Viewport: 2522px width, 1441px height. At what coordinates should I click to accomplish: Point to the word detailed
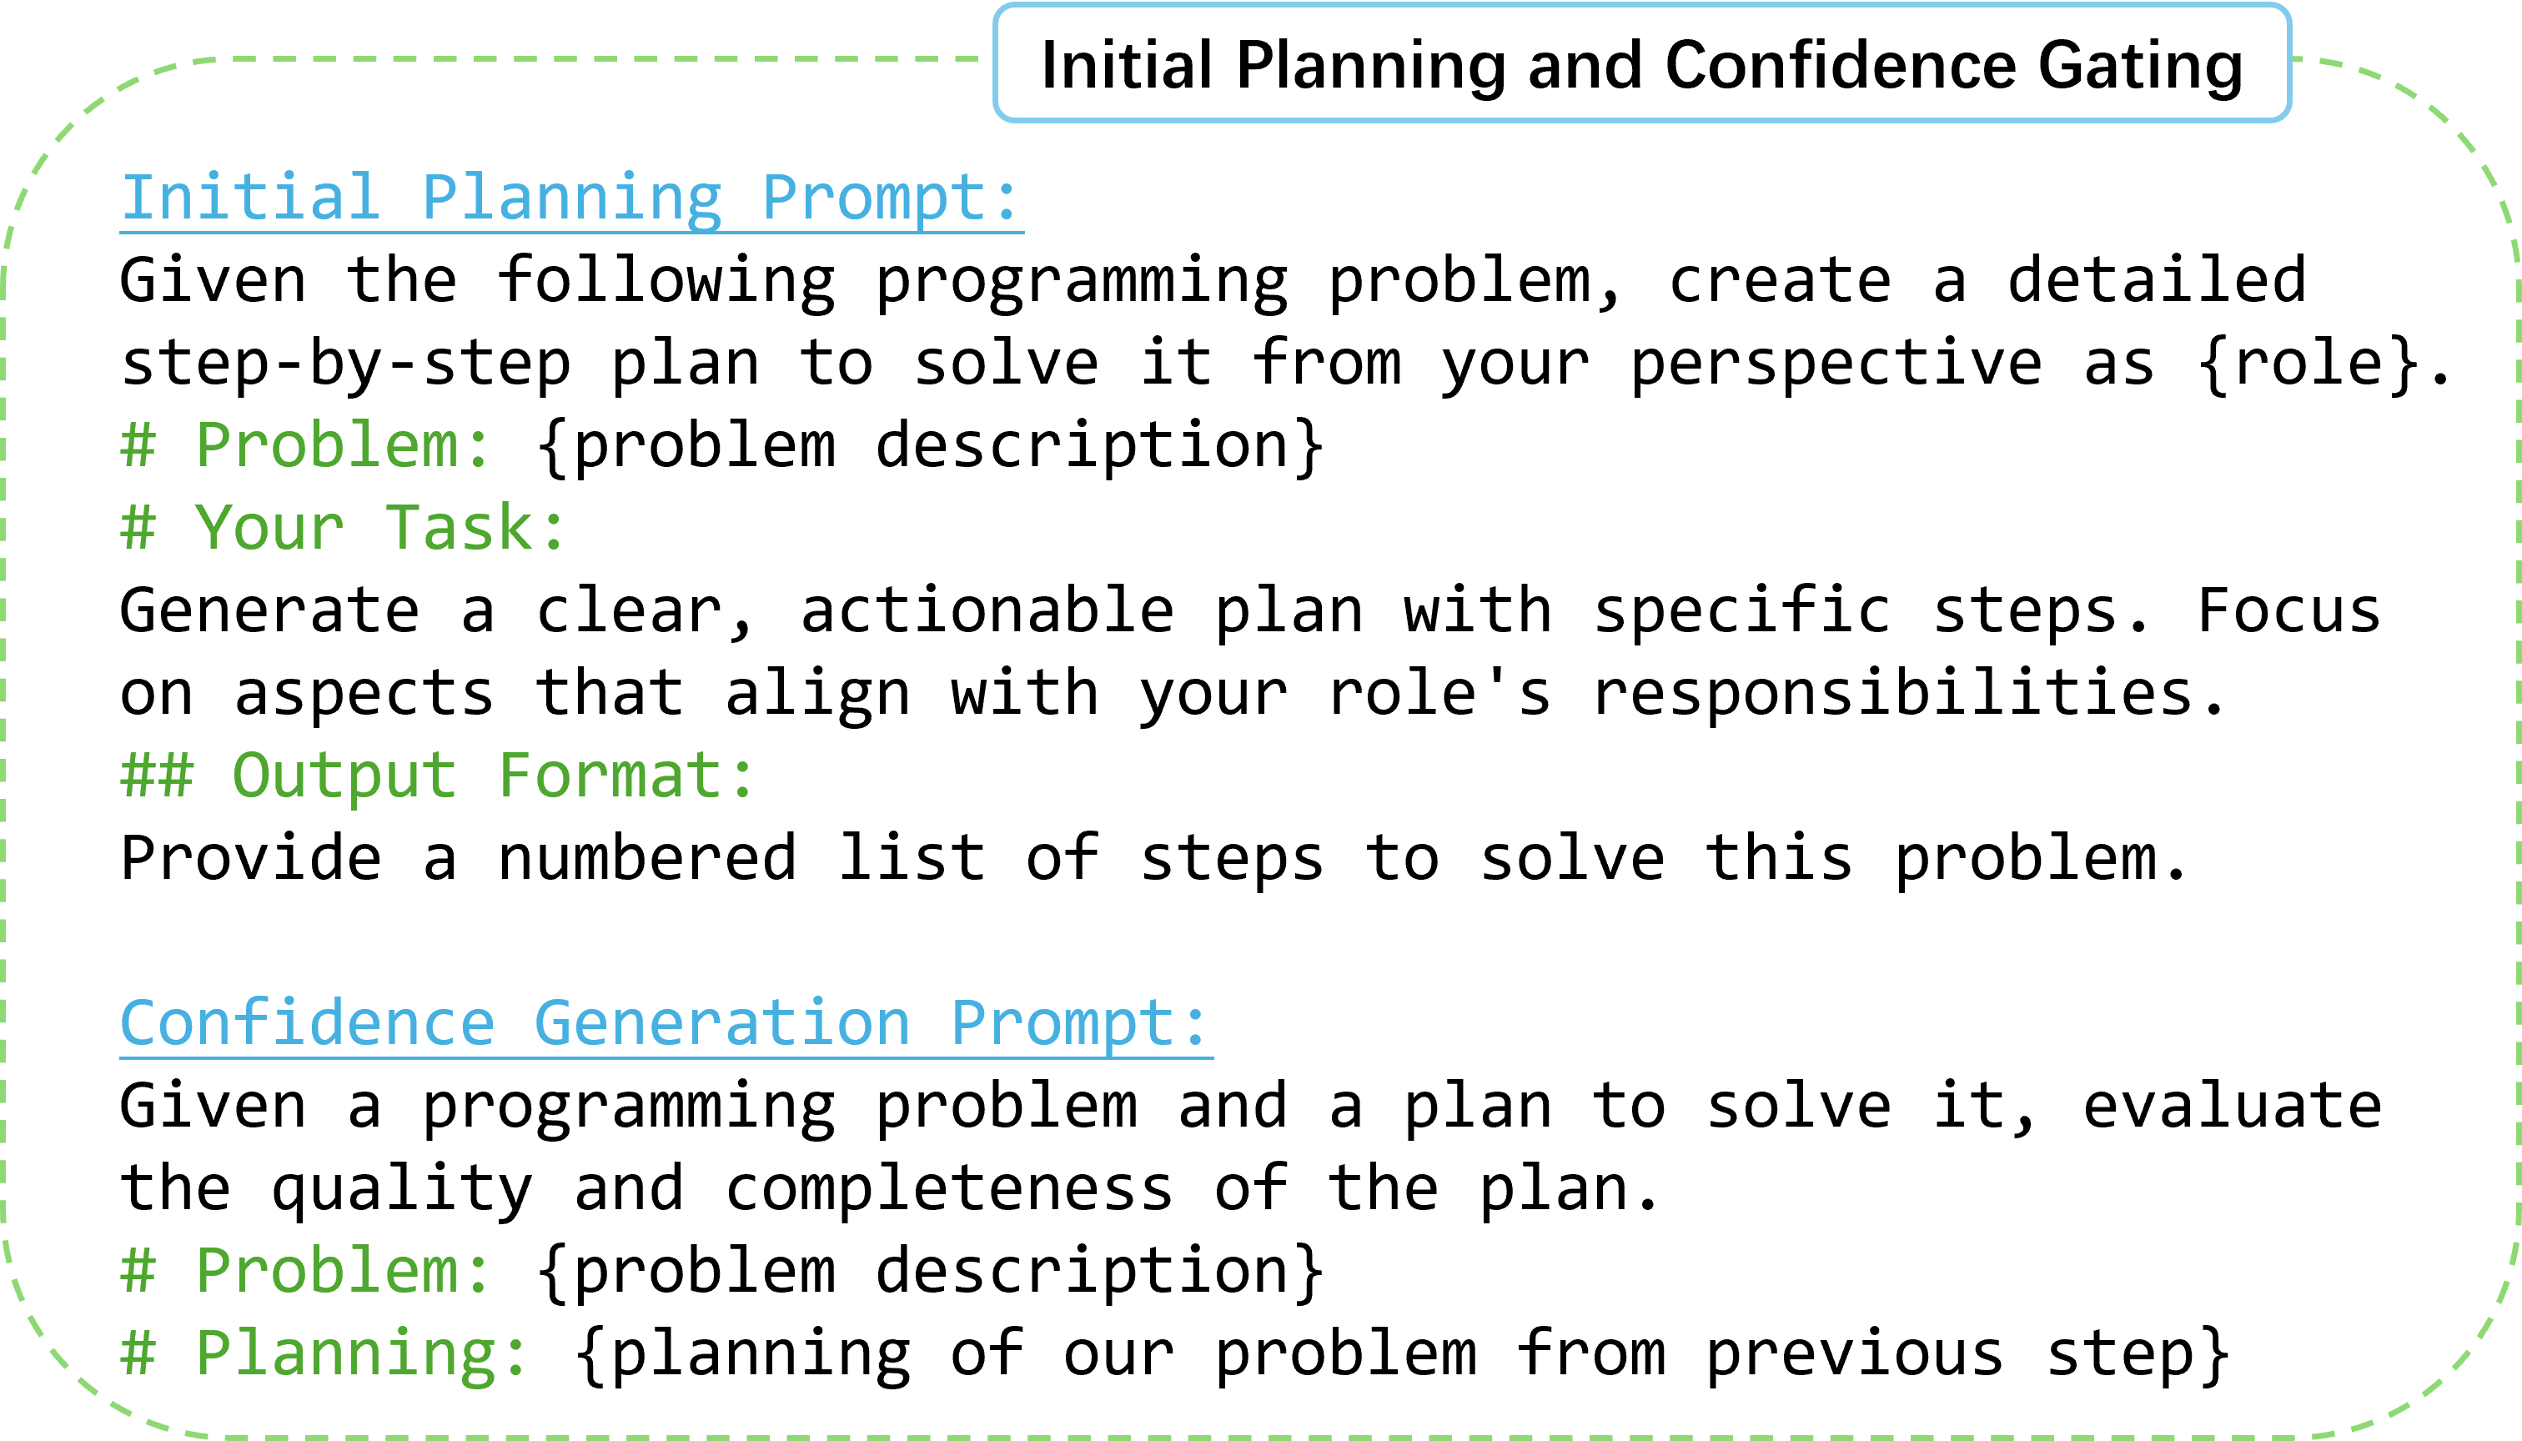tap(2157, 279)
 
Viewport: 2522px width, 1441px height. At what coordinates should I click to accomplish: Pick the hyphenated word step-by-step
tap(345, 364)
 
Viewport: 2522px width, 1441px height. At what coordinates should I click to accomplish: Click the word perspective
tap(1836, 364)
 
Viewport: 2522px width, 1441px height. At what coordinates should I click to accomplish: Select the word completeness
tap(949, 1187)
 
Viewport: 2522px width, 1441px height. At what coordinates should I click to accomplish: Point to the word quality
tap(402, 1187)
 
